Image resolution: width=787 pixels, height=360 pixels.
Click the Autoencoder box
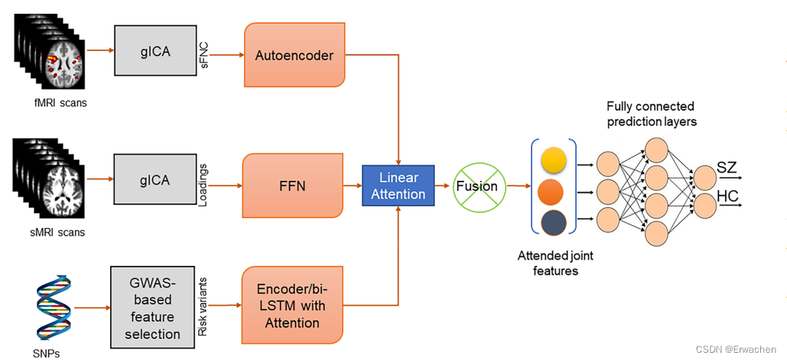click(294, 55)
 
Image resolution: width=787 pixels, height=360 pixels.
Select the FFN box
click(292, 186)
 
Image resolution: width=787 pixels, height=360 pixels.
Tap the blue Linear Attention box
click(398, 186)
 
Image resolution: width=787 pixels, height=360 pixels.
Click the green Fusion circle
click(477, 186)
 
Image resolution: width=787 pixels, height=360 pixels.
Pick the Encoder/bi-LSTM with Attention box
click(291, 305)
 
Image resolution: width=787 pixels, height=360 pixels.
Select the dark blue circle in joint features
click(553, 223)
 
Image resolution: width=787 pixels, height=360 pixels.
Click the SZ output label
click(727, 168)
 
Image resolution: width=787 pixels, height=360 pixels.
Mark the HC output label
click(727, 196)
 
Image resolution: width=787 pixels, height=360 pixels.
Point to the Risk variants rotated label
click(203, 306)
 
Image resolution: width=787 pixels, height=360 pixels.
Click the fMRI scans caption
click(59, 103)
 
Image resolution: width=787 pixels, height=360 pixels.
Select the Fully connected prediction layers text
click(651, 114)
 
